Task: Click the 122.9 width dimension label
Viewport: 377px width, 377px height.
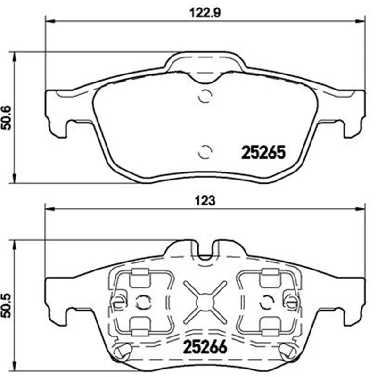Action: tap(205, 13)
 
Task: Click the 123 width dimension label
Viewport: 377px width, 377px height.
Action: tap(205, 201)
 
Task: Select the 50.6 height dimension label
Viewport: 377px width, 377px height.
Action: tap(7, 118)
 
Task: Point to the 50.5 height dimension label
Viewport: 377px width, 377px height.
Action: tap(7, 305)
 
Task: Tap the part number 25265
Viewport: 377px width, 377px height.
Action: tap(263, 153)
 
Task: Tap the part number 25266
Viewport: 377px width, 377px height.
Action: tap(205, 347)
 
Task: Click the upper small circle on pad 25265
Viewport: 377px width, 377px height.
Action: tap(205, 96)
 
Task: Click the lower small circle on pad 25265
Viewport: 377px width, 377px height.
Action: tap(205, 152)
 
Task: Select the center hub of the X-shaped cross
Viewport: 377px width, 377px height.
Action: tap(205, 302)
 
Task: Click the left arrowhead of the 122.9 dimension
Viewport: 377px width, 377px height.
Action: tap(50, 21)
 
